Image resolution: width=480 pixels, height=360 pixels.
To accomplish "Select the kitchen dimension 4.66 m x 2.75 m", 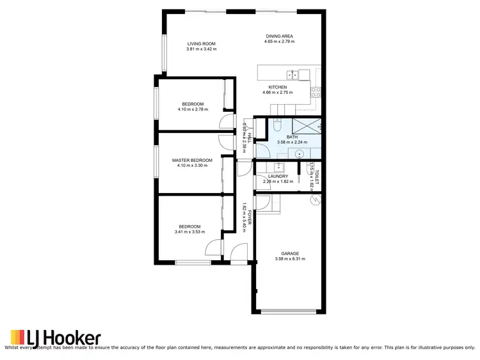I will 278,93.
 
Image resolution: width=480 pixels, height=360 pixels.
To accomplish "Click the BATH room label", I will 292,137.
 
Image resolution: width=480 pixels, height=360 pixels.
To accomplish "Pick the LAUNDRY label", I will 278,176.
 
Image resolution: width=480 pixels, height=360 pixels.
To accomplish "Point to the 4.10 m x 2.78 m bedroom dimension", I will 192,109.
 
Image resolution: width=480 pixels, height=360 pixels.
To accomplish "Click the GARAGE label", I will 290,253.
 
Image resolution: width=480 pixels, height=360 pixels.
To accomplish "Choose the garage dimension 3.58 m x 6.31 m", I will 290,259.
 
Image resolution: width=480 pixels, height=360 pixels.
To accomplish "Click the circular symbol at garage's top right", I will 314,200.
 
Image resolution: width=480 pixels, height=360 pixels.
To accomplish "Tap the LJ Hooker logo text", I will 63,338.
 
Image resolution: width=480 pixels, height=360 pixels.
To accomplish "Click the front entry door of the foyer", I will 239,254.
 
